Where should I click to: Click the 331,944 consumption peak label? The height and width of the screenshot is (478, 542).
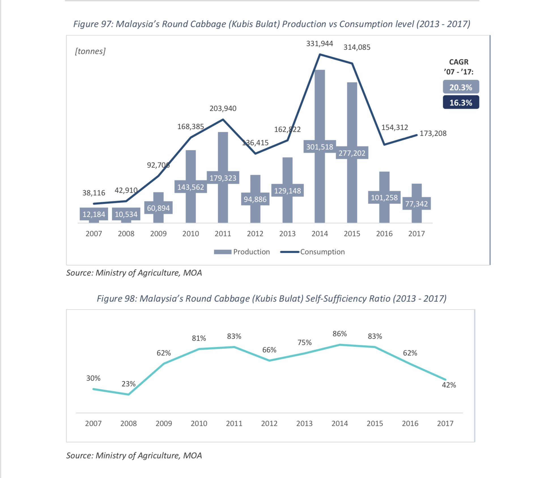point(319,44)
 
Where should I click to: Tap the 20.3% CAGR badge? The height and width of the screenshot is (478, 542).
point(461,87)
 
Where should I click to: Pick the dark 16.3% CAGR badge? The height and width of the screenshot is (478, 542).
point(461,102)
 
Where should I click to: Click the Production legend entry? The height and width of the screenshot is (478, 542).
point(242,252)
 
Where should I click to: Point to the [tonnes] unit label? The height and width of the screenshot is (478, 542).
point(90,51)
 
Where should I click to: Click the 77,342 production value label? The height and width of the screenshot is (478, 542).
point(416,204)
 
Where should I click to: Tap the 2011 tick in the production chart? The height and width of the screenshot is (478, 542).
point(223,234)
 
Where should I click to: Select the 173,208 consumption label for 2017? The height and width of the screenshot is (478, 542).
point(433,133)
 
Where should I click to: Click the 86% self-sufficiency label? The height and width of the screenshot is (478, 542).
point(339,334)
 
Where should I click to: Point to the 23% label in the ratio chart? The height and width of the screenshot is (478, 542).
point(128,384)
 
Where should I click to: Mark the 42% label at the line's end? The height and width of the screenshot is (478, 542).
point(449,385)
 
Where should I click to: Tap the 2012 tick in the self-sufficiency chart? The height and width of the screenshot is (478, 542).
point(269,423)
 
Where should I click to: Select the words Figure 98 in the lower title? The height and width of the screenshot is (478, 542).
point(116,299)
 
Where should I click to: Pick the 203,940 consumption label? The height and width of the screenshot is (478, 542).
point(223,109)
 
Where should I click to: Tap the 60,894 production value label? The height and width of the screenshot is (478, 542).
point(158,208)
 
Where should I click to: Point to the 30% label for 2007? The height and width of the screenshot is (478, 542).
point(93,378)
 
